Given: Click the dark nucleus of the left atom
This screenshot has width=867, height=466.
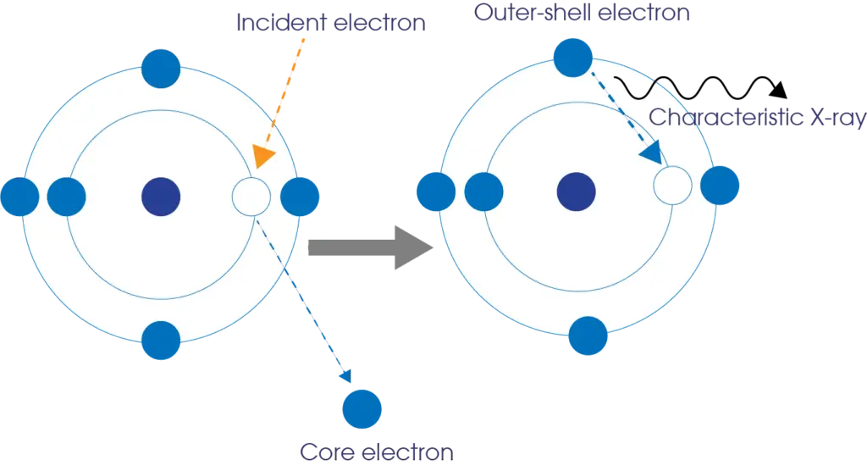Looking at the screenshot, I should coord(160,197).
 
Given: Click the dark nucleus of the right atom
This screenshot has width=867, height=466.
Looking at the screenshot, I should coord(577,191).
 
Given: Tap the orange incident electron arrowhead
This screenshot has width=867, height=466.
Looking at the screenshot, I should coord(264,157).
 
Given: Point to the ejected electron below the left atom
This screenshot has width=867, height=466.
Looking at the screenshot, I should coord(363,408).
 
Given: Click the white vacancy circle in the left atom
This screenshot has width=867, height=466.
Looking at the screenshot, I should coord(251,197).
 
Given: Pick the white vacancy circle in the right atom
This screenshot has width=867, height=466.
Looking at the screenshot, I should coord(673,186).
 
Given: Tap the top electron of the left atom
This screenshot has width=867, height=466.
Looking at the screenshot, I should coord(161,69).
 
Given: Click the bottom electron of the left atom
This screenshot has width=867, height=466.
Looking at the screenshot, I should coord(161,341).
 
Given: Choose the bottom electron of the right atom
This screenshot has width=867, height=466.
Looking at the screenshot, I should coord(588,336).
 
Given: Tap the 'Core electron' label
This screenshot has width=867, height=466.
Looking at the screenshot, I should coord(363,450).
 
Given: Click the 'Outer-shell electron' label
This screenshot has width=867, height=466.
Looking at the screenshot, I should coord(583,14).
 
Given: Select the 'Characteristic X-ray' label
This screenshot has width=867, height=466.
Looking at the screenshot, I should coord(757,118).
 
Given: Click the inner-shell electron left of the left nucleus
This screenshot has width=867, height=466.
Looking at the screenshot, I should coord(67,197).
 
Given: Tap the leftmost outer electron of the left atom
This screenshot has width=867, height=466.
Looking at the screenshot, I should coord(19,197).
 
